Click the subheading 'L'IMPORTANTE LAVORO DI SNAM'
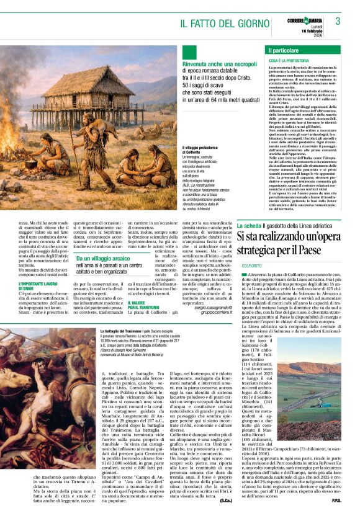pyautogui.click(x=35, y=285)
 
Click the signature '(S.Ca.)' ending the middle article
pyautogui.click(x=225, y=499)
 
